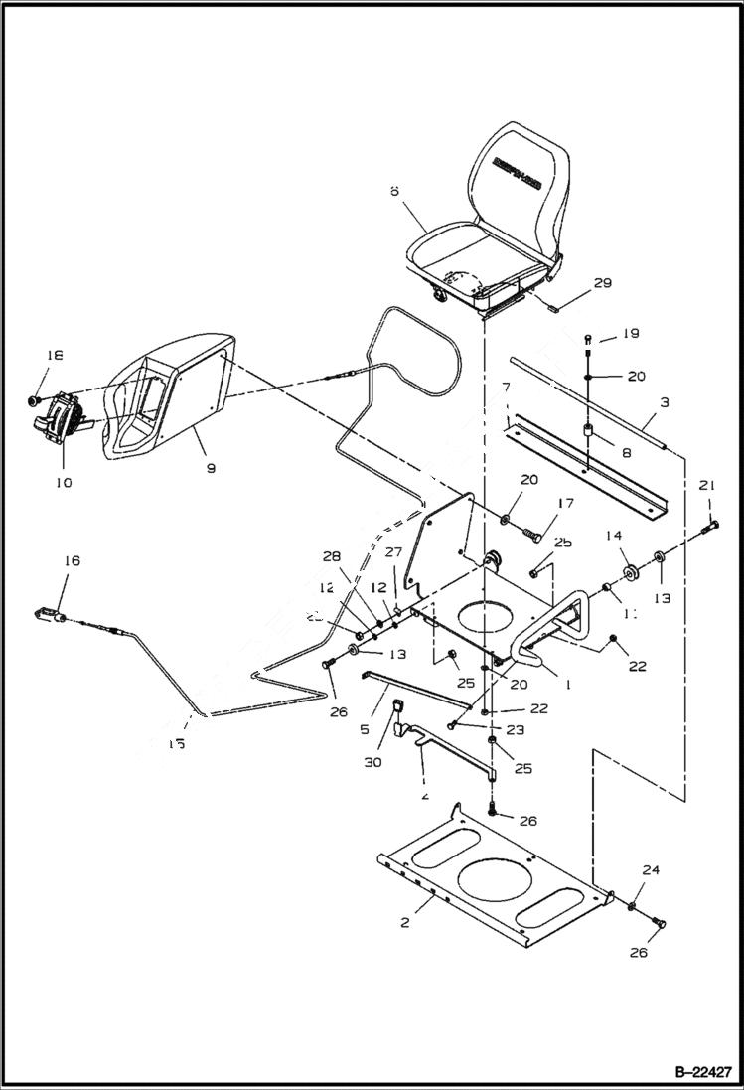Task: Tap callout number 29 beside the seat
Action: [602, 284]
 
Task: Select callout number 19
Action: [632, 334]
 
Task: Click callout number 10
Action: [63, 482]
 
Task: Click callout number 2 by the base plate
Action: [405, 922]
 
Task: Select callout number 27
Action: [393, 553]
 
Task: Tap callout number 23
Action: [486, 728]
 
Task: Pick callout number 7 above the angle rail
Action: [506, 385]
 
